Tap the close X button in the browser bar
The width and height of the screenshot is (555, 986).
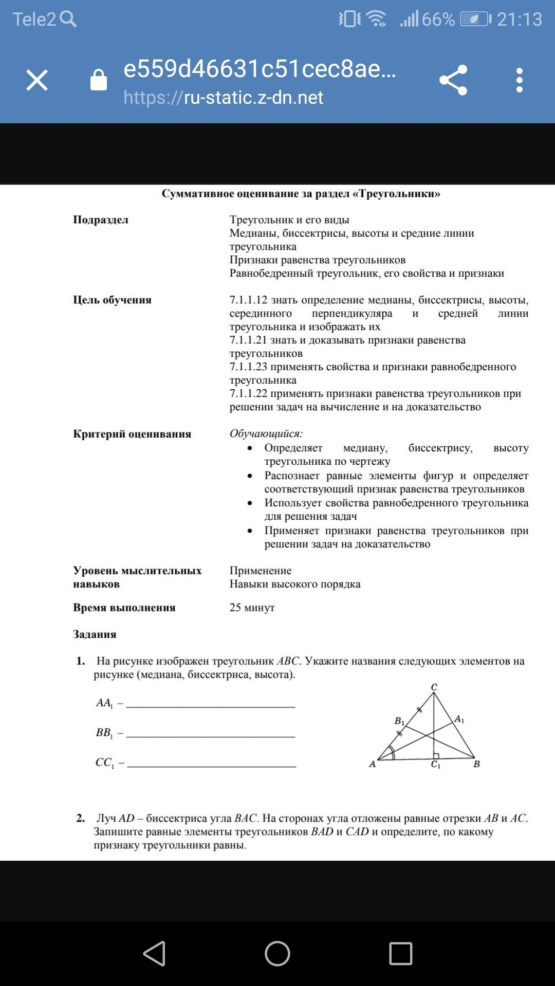click(37, 81)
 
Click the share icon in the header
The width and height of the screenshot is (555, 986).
click(453, 80)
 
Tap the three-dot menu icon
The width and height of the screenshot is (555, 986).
click(520, 80)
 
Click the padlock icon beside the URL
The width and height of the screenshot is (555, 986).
click(99, 80)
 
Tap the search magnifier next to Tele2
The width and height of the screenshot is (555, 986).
click(68, 19)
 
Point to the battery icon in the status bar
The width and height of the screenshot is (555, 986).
click(475, 20)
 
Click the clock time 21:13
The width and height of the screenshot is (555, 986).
click(520, 20)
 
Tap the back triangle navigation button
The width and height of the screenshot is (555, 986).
click(155, 954)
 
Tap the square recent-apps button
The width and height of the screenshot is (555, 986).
click(401, 954)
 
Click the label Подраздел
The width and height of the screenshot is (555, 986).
click(101, 220)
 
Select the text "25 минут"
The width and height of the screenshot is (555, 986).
click(252, 608)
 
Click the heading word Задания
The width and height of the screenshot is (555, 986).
click(95, 634)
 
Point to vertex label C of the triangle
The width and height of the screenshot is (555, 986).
click(434, 687)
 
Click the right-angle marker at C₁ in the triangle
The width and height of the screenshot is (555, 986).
click(436, 755)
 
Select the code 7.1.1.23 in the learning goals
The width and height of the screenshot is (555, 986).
click(248, 367)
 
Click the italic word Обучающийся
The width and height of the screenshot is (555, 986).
click(266, 433)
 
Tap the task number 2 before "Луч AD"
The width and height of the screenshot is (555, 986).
click(81, 818)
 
